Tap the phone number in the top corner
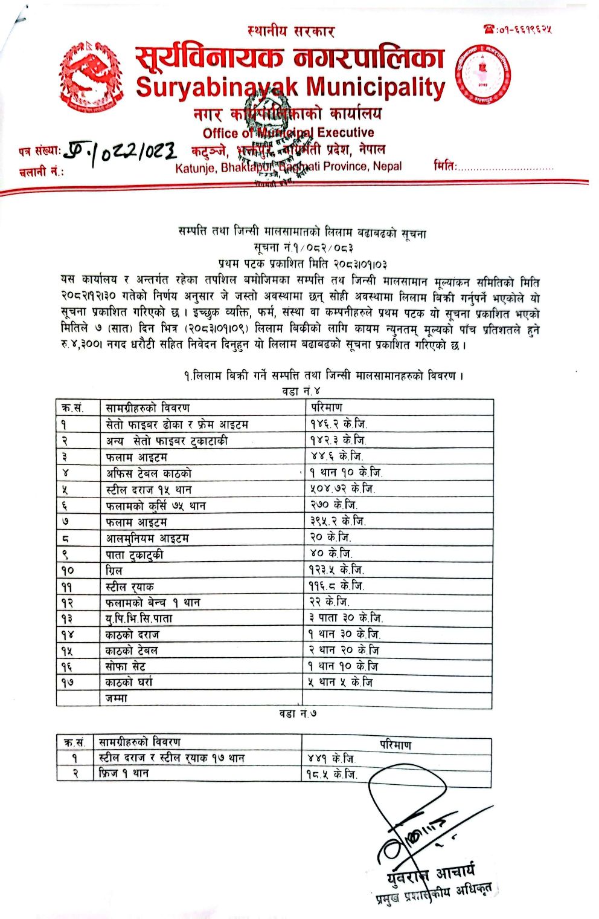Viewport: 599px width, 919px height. pyautogui.click(x=518, y=28)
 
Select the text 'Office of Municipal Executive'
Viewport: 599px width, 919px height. pyautogui.click(x=288, y=133)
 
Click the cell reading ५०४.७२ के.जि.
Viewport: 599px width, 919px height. pyautogui.click(x=342, y=489)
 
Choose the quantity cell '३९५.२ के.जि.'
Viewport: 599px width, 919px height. pyautogui.click(x=338, y=521)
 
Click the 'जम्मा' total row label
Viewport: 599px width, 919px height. pyautogui.click(x=117, y=698)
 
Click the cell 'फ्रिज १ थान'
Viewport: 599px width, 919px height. pyautogui.click(x=124, y=773)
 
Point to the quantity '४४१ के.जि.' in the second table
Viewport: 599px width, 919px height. pyautogui.click(x=332, y=758)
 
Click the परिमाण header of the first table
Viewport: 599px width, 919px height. pyautogui.click(x=327, y=408)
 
